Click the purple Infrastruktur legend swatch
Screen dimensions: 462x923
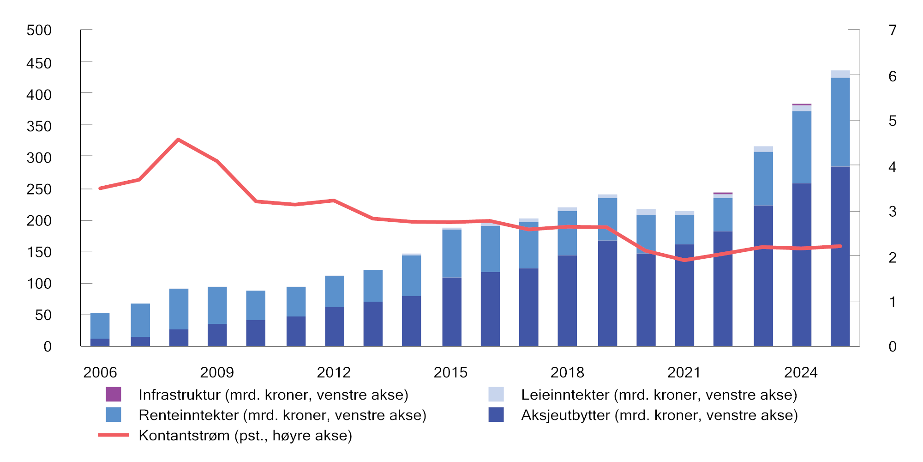pyautogui.click(x=113, y=394)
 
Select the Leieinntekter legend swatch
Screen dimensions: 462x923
pyautogui.click(x=496, y=394)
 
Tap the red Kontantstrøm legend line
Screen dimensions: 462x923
pyautogui.click(x=113, y=435)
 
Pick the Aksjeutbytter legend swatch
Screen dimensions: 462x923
pyautogui.click(x=496, y=414)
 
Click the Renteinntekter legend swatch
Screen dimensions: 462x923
pyautogui.click(x=113, y=414)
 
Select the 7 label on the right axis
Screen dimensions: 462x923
pyautogui.click(x=893, y=30)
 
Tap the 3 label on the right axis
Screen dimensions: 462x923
pyautogui.click(x=893, y=212)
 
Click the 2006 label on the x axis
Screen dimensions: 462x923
pyautogui.click(x=100, y=372)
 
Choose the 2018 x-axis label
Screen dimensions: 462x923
pyautogui.click(x=567, y=372)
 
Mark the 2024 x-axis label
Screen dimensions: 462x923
pyautogui.click(x=801, y=372)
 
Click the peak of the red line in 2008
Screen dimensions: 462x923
pyautogui.click(x=178, y=140)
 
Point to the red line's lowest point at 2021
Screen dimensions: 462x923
pyautogui.click(x=684, y=260)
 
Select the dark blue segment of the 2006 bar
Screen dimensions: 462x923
pyautogui.click(x=100, y=342)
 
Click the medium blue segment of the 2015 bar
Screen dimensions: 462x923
pyautogui.click(x=452, y=253)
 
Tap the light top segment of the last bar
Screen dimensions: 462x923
pyautogui.click(x=840, y=74)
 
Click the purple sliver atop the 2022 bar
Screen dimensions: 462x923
pyautogui.click(x=723, y=193)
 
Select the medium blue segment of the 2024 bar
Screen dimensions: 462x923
pyautogui.click(x=802, y=147)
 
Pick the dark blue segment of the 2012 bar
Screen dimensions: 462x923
pyautogui.click(x=335, y=326)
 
